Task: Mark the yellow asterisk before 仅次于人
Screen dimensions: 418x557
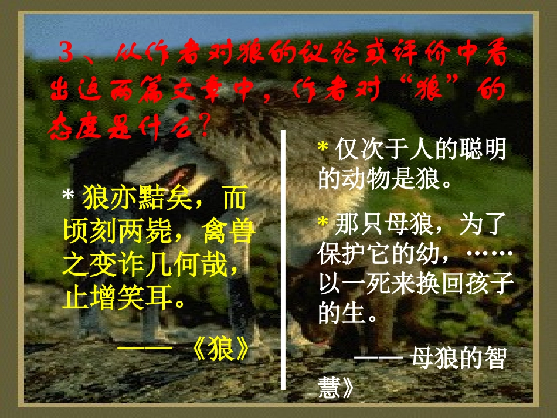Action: coord(322,149)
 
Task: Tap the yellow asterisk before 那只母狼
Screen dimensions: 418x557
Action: coord(322,223)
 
